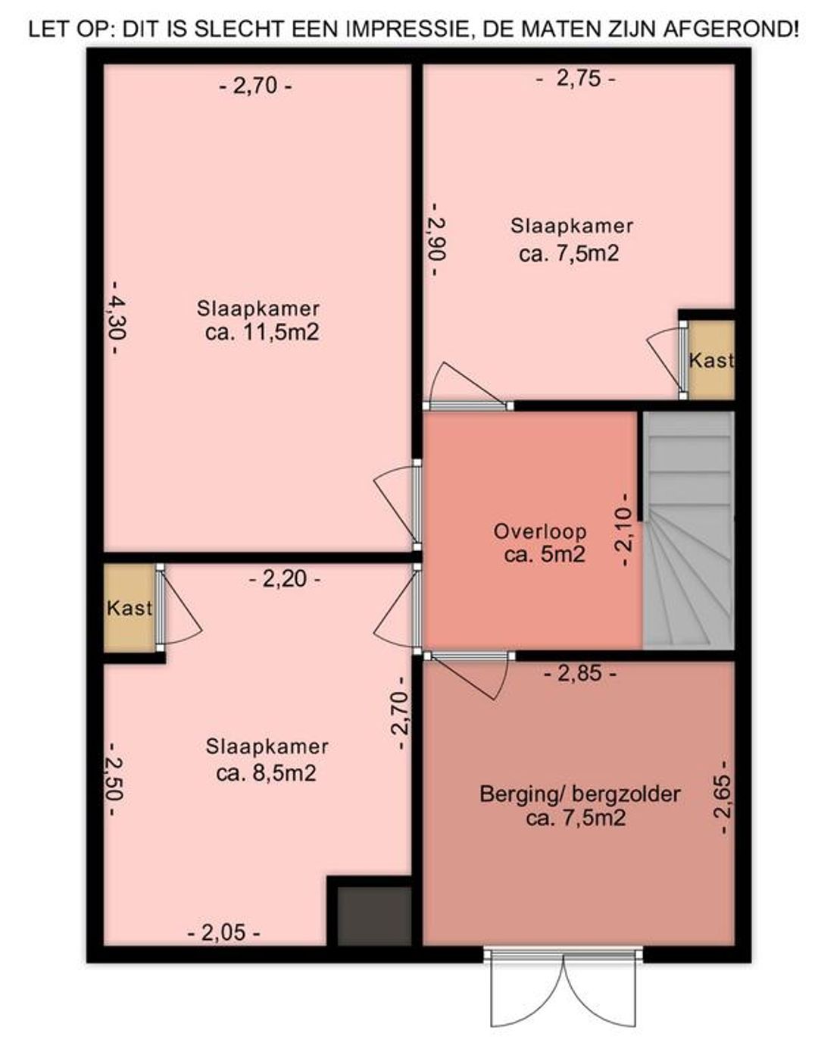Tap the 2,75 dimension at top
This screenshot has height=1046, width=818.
coord(576,79)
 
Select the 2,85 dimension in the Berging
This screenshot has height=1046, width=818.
coord(580,674)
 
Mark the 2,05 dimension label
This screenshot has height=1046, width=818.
coord(224,935)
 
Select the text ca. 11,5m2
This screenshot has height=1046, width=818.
coord(262,333)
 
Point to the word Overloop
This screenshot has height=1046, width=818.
coord(539,532)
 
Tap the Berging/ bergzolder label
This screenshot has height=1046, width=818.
coord(580,794)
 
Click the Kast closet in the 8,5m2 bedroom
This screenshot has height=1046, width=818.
coord(130,609)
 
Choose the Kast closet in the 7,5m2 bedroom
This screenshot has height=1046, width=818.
coord(711,360)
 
